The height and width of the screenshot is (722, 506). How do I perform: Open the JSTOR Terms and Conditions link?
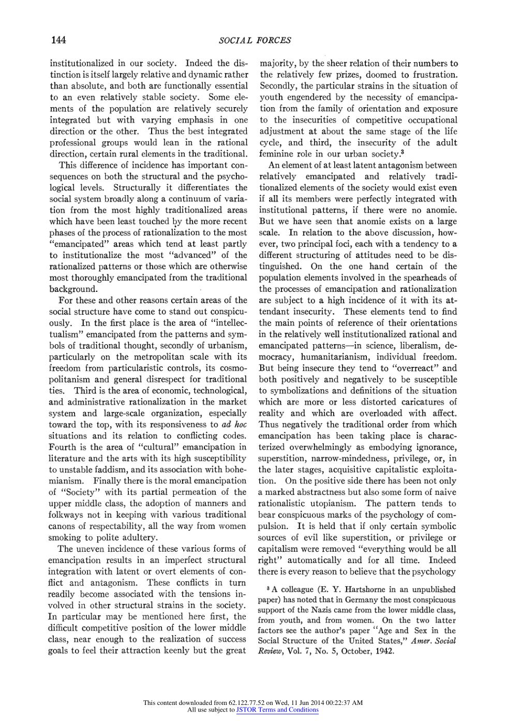coord(277,710)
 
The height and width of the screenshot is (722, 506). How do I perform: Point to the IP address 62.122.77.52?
coord(246,703)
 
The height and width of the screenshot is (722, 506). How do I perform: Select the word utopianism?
coord(332,504)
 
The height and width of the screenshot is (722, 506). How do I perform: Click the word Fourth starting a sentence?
coord(62,447)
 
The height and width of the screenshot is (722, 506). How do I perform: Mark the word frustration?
coord(434,75)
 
